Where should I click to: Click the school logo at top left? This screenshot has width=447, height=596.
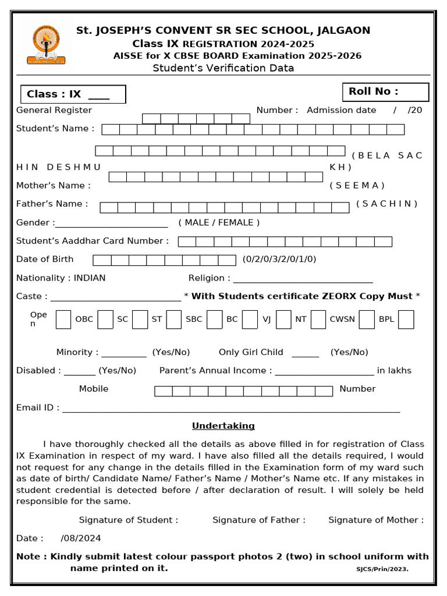[46, 44]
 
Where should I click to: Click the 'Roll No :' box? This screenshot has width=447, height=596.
[385, 92]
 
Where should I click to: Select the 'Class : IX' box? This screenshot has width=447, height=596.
[73, 94]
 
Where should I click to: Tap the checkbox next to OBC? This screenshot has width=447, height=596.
[105, 320]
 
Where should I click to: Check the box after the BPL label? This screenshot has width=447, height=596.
[406, 320]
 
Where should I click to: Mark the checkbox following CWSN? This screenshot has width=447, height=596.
[366, 320]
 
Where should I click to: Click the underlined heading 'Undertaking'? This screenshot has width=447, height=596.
[223, 426]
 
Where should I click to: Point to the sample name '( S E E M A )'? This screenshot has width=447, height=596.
[357, 186]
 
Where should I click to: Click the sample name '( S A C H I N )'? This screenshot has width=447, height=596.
[387, 204]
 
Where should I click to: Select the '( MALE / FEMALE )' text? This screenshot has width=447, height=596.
[219, 222]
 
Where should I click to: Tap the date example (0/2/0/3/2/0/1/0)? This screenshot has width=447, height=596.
[279, 259]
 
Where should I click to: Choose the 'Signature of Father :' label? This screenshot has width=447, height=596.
[259, 520]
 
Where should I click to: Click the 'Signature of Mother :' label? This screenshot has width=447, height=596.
[376, 520]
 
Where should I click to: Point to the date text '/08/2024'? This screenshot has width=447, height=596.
[80, 538]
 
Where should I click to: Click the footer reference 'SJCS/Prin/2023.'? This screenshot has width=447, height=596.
[382, 569]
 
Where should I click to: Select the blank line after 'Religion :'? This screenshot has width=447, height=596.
[303, 280]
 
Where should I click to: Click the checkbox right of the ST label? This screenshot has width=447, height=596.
[173, 320]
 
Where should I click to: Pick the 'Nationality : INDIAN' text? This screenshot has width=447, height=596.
[61, 278]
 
